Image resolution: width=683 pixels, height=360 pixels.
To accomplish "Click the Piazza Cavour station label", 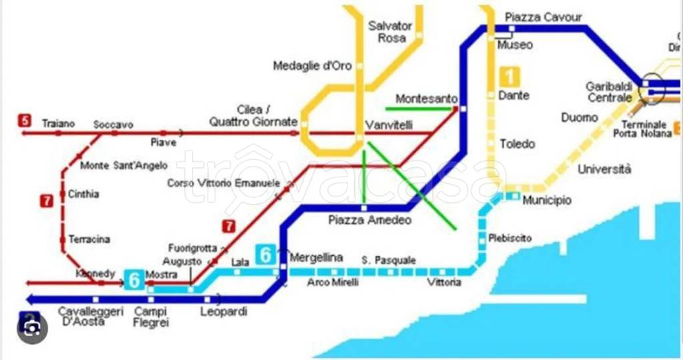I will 543,17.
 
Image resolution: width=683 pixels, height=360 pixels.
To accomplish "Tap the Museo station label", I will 516,45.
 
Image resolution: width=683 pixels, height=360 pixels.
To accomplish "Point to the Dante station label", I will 514,95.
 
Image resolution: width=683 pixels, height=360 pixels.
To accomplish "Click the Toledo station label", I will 518,144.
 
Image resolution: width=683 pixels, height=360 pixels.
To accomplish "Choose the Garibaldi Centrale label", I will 609,92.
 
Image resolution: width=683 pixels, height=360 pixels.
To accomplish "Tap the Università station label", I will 604,169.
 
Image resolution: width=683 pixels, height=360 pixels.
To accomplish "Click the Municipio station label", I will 547,200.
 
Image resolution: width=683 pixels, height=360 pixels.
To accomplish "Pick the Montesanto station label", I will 426,99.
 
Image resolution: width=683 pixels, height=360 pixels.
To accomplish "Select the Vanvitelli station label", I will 390,125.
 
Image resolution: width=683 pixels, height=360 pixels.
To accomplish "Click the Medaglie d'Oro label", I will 312,66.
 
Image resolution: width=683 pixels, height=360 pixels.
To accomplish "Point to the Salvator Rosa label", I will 391,32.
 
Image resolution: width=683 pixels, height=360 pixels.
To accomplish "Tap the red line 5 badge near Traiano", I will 25,121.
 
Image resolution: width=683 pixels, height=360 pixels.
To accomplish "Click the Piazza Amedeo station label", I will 370,220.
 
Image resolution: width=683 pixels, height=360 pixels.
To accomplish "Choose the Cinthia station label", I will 83,194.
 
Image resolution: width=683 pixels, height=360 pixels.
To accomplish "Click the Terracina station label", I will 89,239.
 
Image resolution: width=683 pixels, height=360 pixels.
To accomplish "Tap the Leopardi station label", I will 223,311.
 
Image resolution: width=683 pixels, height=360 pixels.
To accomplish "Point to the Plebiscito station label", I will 510,238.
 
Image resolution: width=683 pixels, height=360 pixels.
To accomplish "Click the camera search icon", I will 32,328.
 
